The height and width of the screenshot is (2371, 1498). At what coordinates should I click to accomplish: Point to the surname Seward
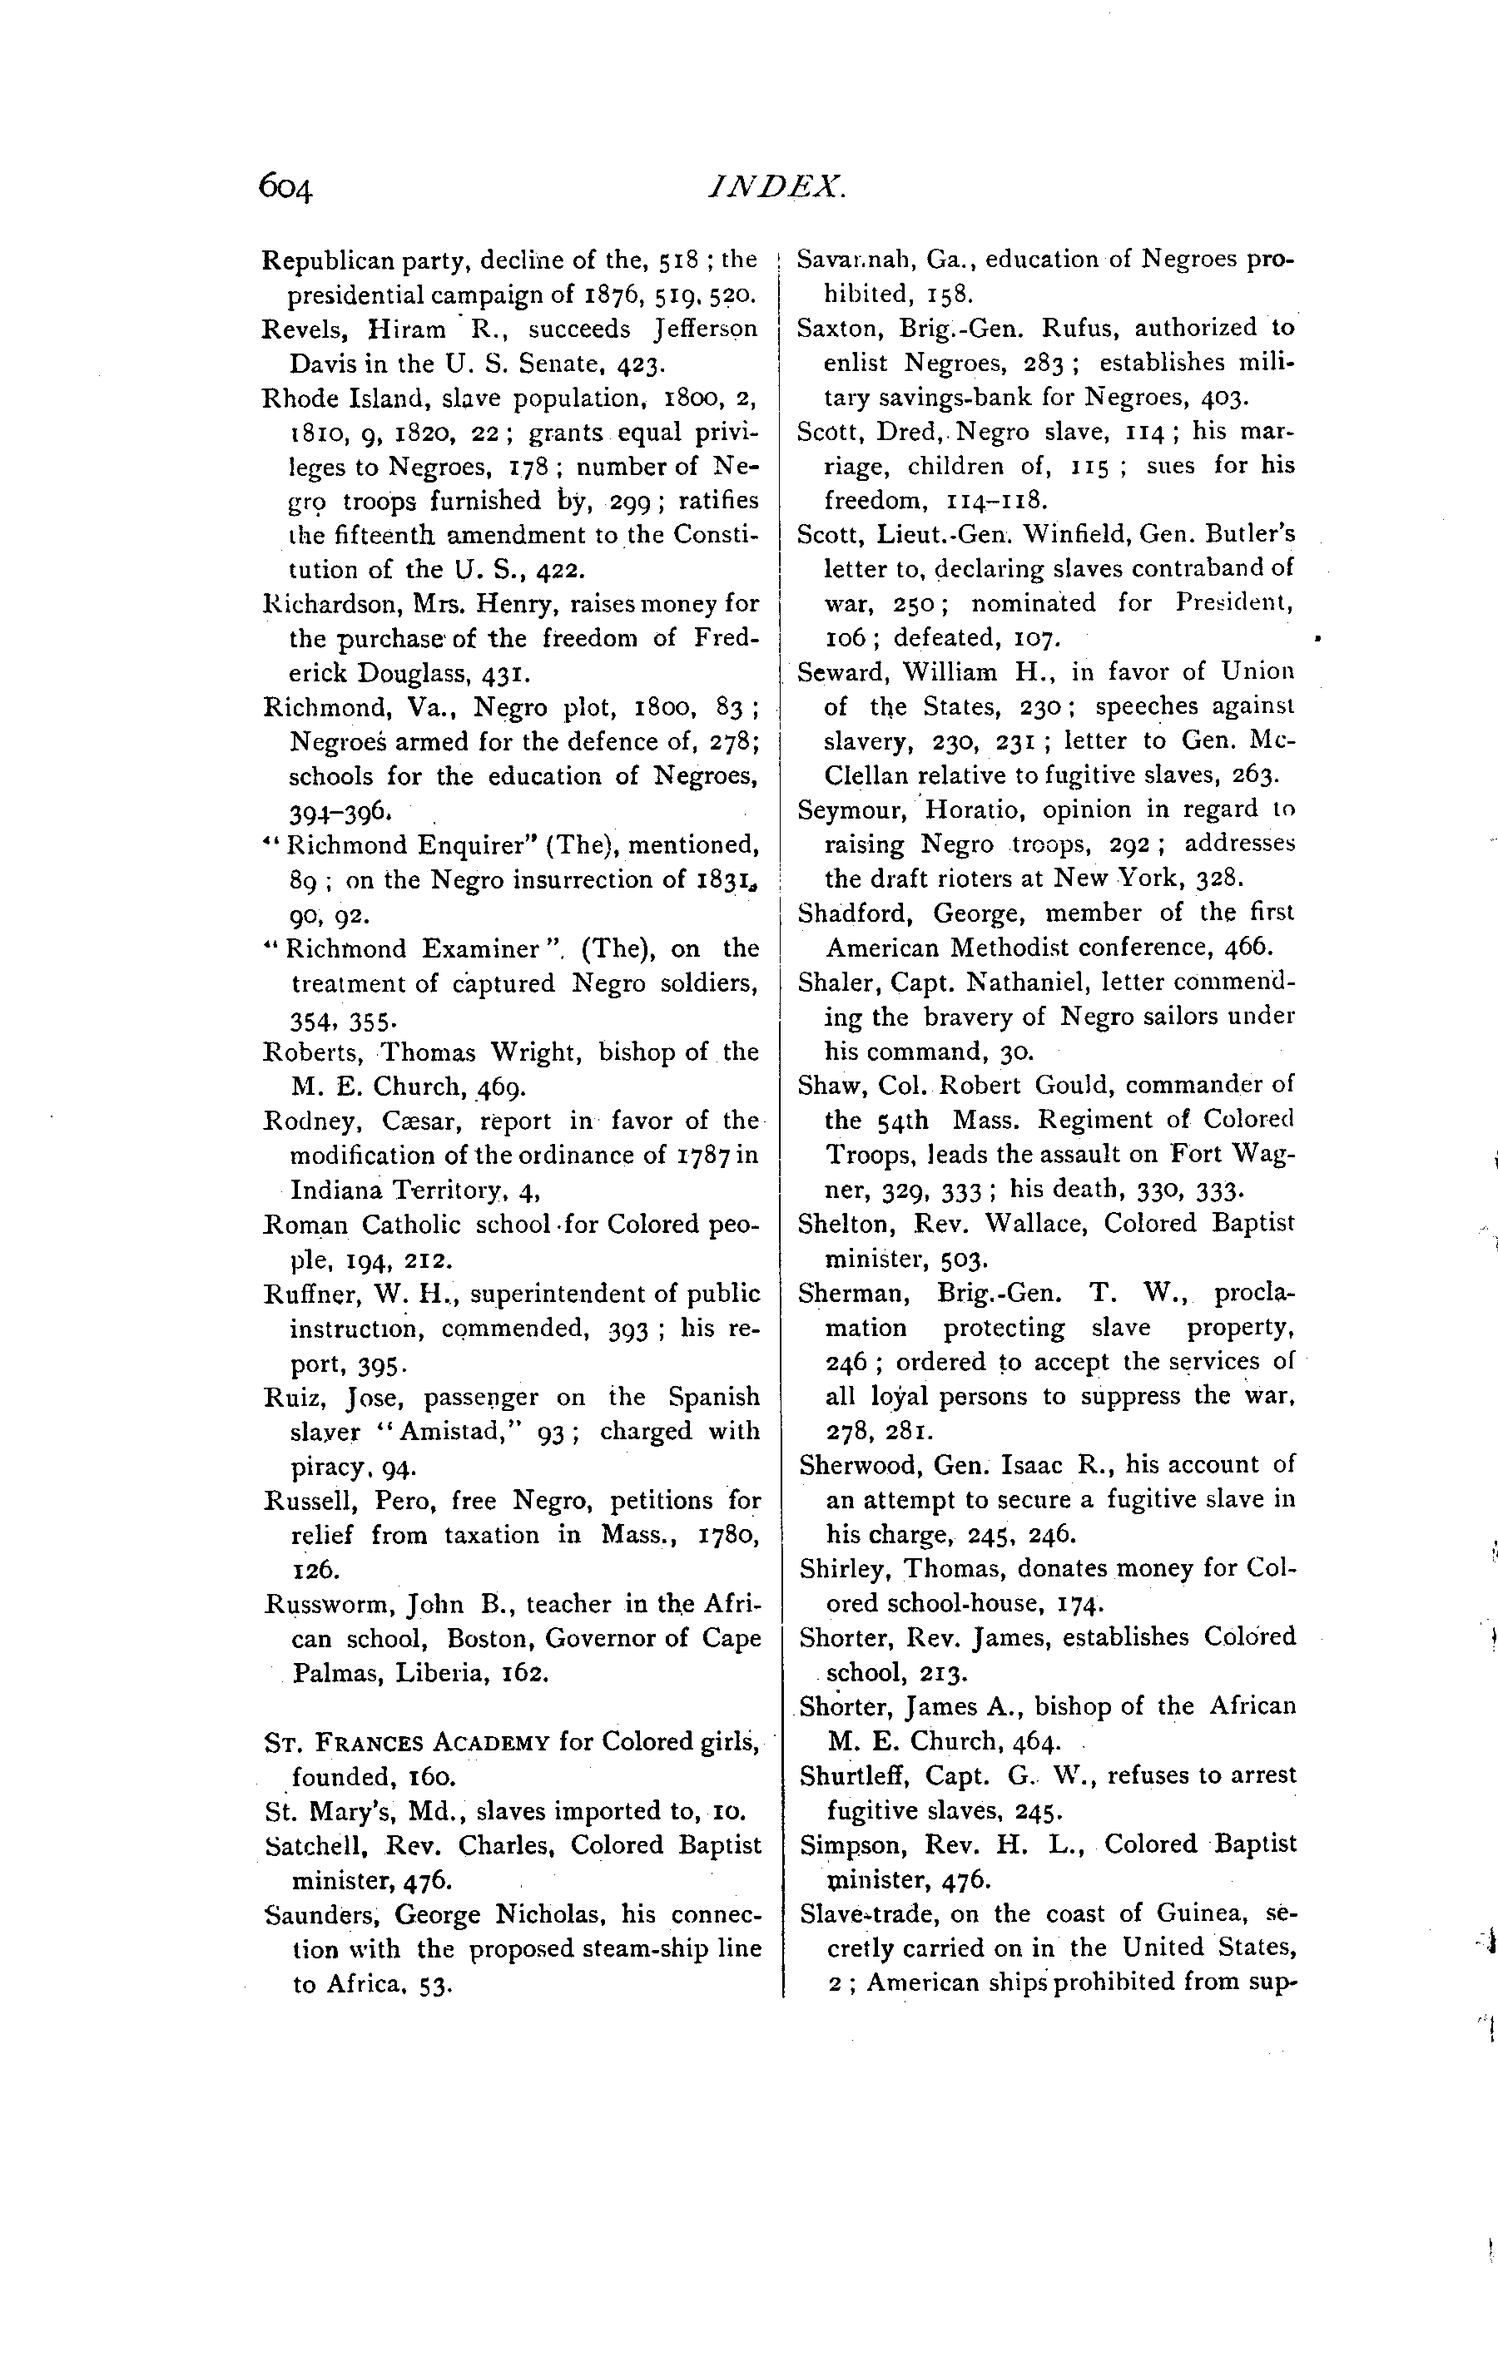click(x=833, y=672)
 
